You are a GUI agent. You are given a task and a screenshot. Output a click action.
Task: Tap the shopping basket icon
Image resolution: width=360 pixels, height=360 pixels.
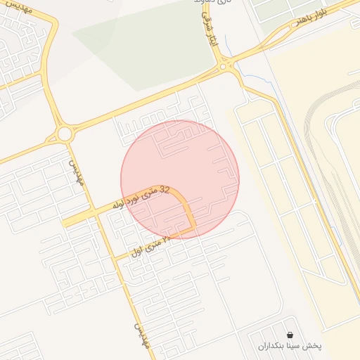(x=290, y=335)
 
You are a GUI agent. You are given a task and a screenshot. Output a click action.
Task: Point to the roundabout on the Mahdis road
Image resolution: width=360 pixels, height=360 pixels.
(x=65, y=133)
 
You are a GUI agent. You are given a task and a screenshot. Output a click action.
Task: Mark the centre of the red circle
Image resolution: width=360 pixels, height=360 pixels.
(x=180, y=179)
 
